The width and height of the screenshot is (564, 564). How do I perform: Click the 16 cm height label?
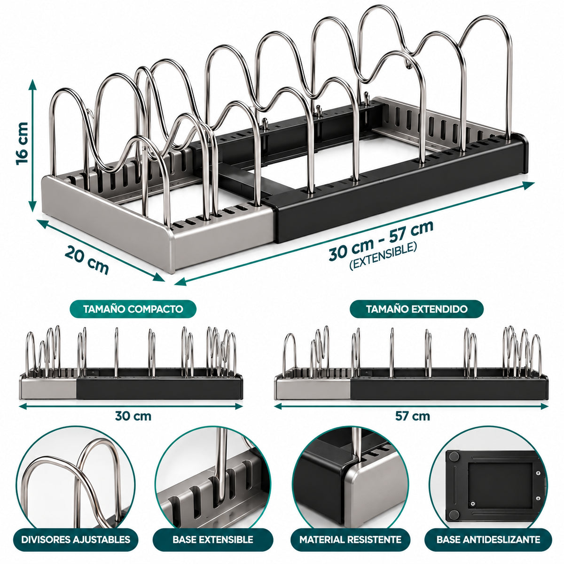[22, 144]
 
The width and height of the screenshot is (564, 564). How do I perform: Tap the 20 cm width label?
[86, 260]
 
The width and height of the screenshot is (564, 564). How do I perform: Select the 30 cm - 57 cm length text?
[381, 240]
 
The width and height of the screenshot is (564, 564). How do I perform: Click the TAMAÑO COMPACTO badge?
[133, 309]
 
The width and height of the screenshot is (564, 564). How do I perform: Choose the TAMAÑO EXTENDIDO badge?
[416, 309]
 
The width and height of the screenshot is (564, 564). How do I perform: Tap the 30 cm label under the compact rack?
[133, 416]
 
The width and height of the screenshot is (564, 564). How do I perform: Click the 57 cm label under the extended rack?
[412, 416]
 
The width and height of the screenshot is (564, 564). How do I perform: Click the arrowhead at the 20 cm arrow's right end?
[159, 277]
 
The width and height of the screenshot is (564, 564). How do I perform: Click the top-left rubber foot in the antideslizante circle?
[454, 456]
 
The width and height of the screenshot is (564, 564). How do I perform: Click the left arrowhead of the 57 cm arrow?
[278, 406]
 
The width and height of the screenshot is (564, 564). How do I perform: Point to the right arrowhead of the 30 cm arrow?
[239, 406]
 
